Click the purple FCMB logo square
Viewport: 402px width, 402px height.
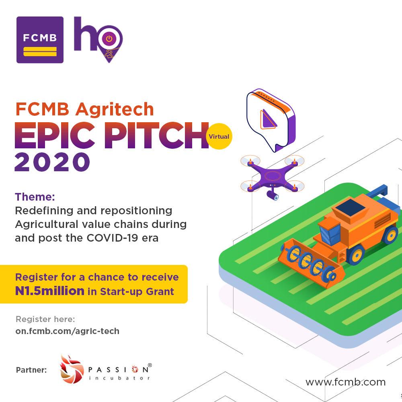tap(40, 40)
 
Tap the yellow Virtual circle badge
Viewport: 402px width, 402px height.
tap(219, 136)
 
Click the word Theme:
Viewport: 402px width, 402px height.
tap(35, 197)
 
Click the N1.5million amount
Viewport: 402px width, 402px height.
tap(50, 291)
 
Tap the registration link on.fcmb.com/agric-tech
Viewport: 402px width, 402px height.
tap(68, 331)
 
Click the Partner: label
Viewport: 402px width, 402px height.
tap(31, 369)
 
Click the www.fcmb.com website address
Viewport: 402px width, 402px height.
tap(345, 381)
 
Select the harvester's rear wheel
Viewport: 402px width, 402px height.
tap(390, 235)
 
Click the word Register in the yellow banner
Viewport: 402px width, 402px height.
tap(35, 277)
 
